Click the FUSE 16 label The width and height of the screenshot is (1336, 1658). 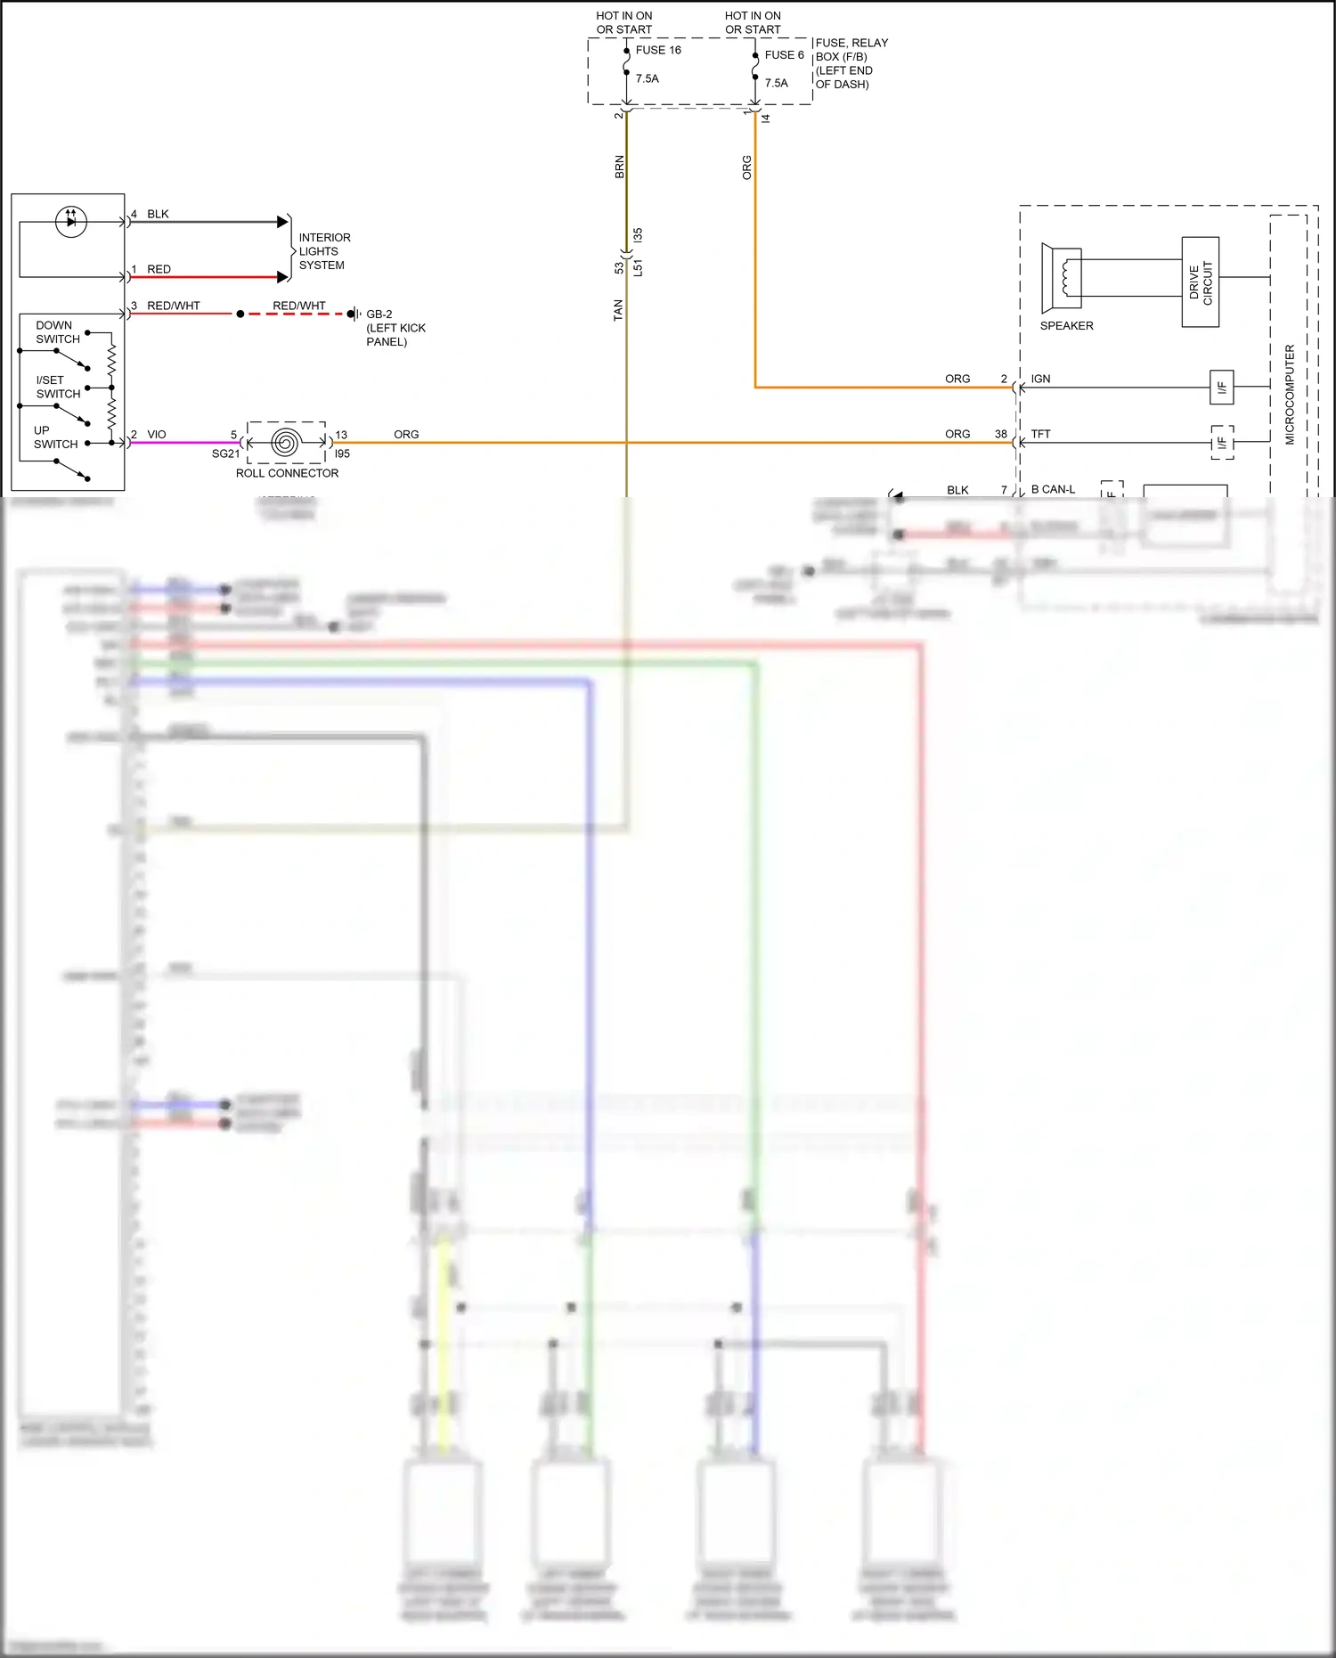[658, 50]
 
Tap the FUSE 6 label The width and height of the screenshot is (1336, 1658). [784, 54]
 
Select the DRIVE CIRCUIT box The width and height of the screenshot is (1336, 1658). [1200, 282]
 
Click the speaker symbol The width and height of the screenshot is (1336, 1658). [1063, 278]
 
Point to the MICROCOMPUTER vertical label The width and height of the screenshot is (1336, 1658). [1289, 394]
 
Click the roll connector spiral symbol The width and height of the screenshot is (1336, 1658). [286, 443]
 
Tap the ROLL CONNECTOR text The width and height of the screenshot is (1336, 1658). [287, 473]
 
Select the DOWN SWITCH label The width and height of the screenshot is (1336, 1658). [57, 331]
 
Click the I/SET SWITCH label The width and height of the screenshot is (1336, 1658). [57, 387]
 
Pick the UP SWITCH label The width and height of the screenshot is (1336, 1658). [54, 437]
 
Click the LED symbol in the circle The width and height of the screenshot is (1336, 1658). [71, 220]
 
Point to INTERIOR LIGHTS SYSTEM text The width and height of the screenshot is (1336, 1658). [323, 251]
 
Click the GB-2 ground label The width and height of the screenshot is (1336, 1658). [379, 314]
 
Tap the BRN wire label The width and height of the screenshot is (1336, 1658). [619, 167]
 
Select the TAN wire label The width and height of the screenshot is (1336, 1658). [618, 310]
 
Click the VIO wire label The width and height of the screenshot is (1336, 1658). [157, 434]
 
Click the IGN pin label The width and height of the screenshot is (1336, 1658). [1040, 379]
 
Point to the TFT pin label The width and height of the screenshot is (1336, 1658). [1040, 434]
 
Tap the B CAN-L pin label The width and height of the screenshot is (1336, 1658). [1053, 489]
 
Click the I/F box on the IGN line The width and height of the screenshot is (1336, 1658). [1221, 387]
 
